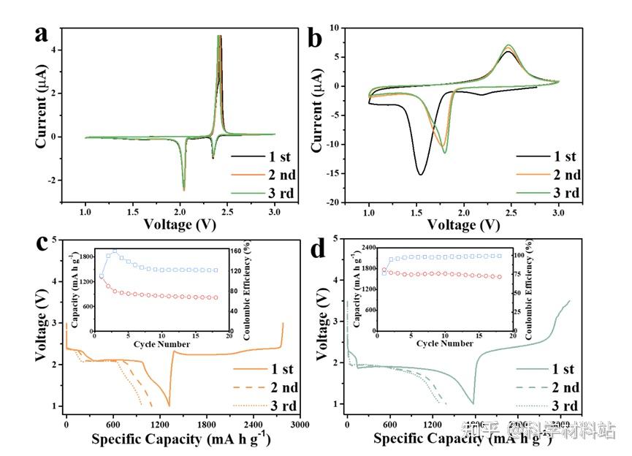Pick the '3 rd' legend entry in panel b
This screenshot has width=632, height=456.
566,193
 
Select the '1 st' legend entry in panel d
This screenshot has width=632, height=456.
563,369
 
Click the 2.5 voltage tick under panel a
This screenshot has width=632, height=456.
227,211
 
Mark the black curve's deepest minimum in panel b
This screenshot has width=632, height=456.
421,174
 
